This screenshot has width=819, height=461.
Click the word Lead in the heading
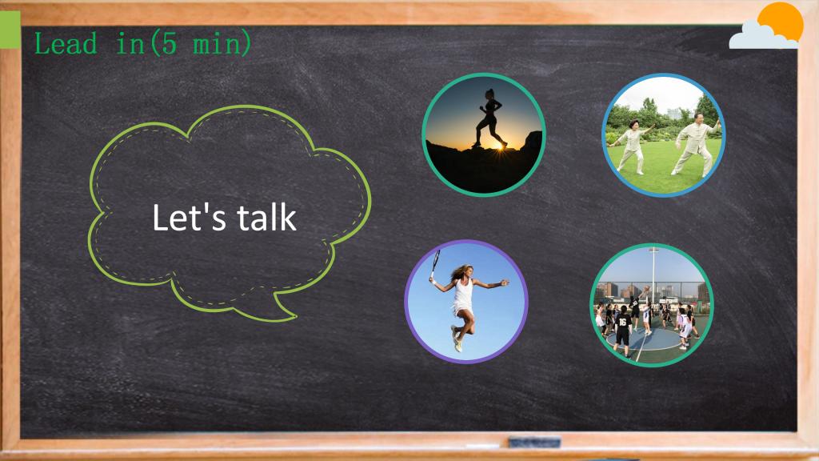[66, 43]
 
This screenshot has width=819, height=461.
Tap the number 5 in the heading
[170, 43]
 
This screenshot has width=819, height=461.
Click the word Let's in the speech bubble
[189, 218]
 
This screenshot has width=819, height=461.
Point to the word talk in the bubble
[267, 218]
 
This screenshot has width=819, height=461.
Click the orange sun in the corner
[781, 22]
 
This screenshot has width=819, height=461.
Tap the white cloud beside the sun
[761, 37]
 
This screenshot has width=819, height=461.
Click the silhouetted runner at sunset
[489, 118]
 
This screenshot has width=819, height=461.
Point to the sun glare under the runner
[501, 147]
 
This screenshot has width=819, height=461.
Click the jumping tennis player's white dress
[463, 297]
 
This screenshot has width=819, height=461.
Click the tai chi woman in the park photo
[631, 147]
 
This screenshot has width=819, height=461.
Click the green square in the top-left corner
[10, 30]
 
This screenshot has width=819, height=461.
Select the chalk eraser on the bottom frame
[534, 443]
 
